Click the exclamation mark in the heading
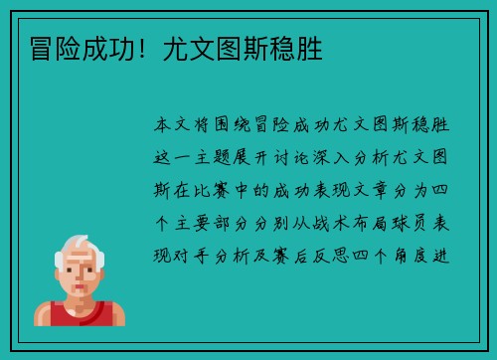[x=145, y=48]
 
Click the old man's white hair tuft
[x=79, y=244]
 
